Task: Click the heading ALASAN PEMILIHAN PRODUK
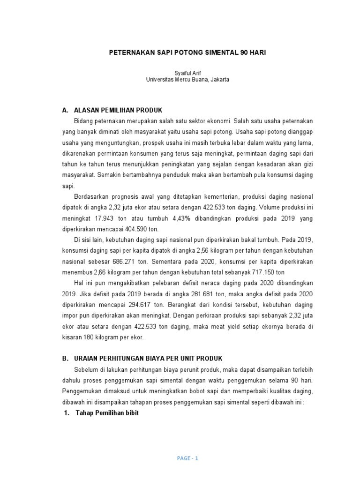118,110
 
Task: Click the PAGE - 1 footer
188,459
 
